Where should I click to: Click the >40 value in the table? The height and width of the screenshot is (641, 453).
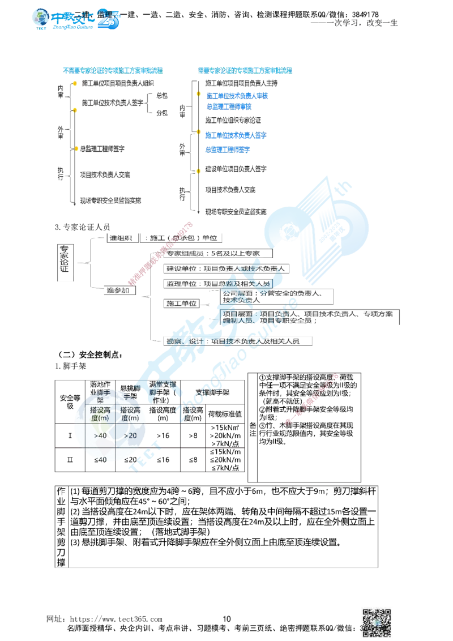tap(101, 436)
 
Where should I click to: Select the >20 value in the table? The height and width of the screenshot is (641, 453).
tap(131, 435)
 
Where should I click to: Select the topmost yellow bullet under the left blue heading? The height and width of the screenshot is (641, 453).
tap(74, 84)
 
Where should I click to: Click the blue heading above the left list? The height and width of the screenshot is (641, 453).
tap(112, 71)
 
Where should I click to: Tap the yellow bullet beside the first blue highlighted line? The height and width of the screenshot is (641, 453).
tap(197, 94)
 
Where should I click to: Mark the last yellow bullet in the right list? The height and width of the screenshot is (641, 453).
tap(198, 169)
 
